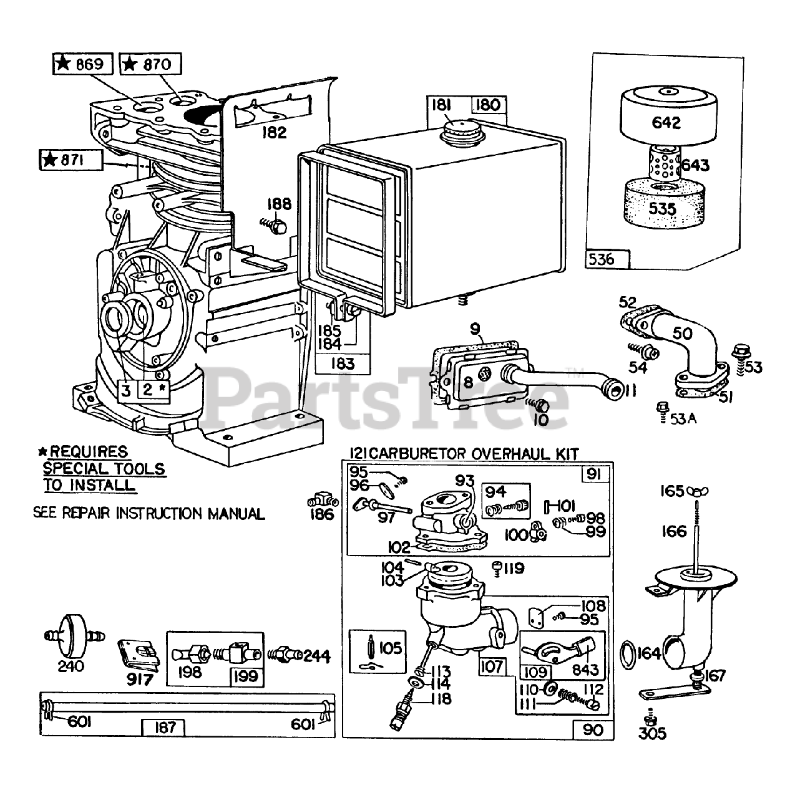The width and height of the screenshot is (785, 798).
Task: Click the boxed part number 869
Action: (x=83, y=64)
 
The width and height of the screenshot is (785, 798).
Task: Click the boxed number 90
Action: (x=592, y=729)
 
